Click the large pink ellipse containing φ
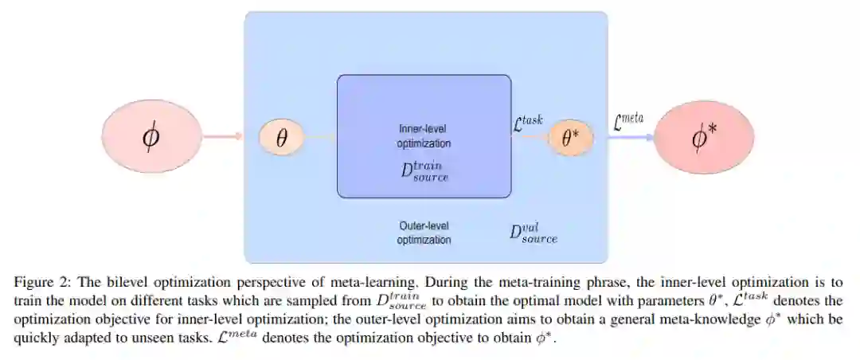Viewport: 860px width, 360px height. click(x=151, y=137)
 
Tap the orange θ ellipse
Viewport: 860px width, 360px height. click(x=281, y=138)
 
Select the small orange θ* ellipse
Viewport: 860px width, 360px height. click(x=571, y=138)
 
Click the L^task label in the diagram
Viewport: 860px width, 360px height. click(x=527, y=121)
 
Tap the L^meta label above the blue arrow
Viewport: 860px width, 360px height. click(x=627, y=120)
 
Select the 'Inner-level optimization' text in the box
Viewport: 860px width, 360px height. click(x=424, y=135)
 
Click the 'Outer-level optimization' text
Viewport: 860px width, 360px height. click(x=424, y=233)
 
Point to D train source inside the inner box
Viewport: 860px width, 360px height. click(x=424, y=170)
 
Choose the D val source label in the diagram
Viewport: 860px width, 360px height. click(x=534, y=233)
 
